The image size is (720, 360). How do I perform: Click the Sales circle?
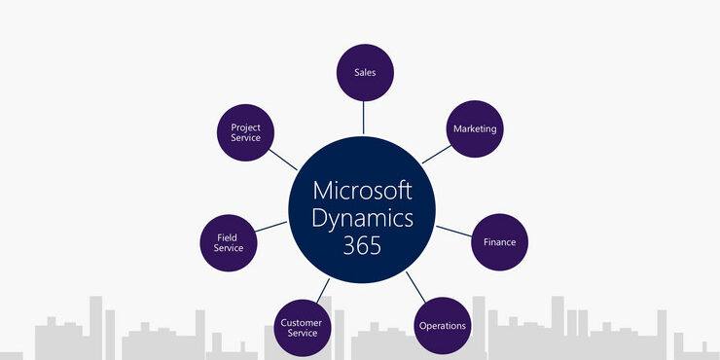pyautogui.click(x=364, y=72)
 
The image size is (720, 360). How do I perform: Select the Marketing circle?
pyautogui.click(x=474, y=128)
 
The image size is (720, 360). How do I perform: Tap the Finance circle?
pyautogui.click(x=499, y=241)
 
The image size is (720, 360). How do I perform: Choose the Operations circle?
pyautogui.click(x=442, y=325)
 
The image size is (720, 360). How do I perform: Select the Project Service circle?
pyautogui.click(x=245, y=132)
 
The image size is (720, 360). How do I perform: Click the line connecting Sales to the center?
pyautogui.click(x=364, y=117)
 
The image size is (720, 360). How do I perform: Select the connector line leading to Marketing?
pyautogui.click(x=436, y=155)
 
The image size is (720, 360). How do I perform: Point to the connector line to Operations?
pyautogui.click(x=415, y=286)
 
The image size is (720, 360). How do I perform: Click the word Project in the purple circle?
pyautogui.click(x=245, y=126)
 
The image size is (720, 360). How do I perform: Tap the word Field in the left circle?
pyautogui.click(x=228, y=235)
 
